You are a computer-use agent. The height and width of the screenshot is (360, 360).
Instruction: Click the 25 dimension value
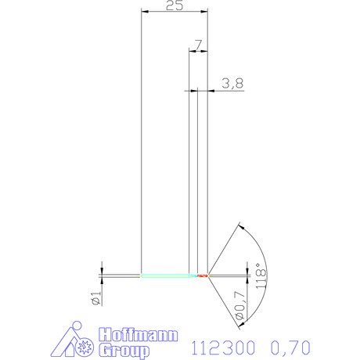click(175, 5)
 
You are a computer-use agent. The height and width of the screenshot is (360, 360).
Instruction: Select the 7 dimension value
click(199, 45)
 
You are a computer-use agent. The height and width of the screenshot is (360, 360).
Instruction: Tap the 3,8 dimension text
click(232, 83)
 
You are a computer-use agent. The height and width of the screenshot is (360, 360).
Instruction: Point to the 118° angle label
click(261, 275)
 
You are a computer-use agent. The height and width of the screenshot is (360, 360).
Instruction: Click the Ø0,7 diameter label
click(240, 305)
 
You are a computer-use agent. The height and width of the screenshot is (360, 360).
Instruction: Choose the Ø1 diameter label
click(96, 298)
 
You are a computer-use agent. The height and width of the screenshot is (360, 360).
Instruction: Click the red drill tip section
click(203, 275)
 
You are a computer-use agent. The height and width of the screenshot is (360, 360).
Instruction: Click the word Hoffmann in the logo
click(139, 335)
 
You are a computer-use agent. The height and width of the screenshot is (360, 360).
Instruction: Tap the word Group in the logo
click(124, 351)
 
